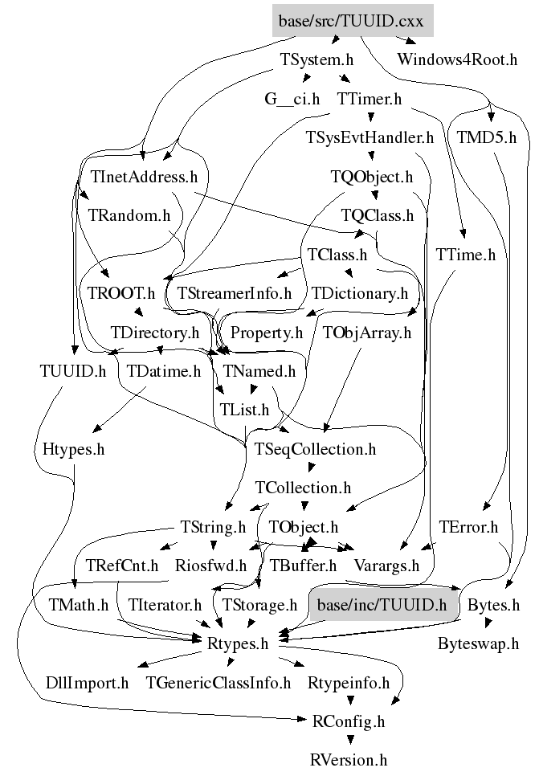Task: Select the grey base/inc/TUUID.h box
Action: click(382, 604)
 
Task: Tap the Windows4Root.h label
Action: click(457, 59)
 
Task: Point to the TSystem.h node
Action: click(316, 59)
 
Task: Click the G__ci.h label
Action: click(292, 100)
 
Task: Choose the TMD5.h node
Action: click(486, 137)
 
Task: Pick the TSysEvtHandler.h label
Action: click(370, 137)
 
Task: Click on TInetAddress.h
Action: click(145, 176)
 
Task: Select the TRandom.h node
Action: click(129, 215)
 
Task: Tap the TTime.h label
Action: click(466, 255)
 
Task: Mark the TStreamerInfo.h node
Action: click(234, 293)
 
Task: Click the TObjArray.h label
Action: click(366, 332)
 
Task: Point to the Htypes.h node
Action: click(74, 449)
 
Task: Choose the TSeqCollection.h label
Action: click(315, 449)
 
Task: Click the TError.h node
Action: click(469, 528)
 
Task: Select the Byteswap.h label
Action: click(479, 643)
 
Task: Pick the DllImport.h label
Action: click(88, 684)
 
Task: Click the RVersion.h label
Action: click(349, 759)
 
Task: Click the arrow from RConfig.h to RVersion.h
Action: click(349, 740)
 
